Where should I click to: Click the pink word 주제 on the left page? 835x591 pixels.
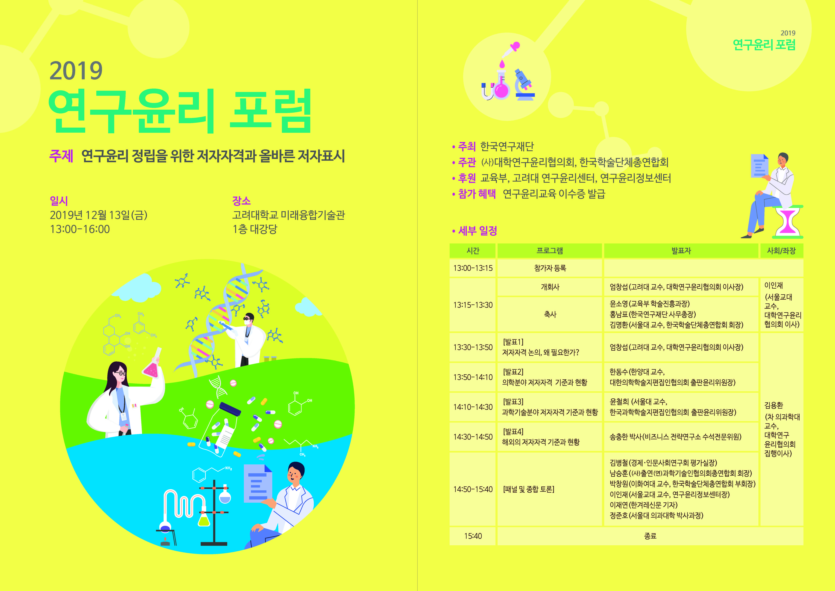[x=61, y=156]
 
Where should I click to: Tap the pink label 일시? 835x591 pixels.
[x=59, y=200]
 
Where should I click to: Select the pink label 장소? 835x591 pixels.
[x=241, y=200]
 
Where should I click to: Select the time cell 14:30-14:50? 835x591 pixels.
[x=473, y=437]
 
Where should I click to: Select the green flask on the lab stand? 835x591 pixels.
[x=204, y=519]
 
